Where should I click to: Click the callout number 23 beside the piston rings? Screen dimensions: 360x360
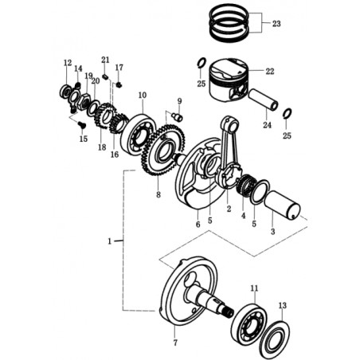pos(276,24)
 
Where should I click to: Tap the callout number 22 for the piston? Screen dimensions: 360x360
pos(270,71)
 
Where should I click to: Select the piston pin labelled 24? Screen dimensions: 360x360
pos(263,100)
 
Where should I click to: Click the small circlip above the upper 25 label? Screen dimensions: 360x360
pos(201,63)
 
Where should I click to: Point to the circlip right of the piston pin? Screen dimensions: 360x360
pos(288,113)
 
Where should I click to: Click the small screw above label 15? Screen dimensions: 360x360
pos(81,124)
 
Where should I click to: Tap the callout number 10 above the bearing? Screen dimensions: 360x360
pos(143,95)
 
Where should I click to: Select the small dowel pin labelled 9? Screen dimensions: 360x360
pos(177,116)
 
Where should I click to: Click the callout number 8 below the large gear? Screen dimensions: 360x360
pos(158,194)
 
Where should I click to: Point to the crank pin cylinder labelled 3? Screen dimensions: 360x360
pos(282,206)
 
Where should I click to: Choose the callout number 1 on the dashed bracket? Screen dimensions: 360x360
pos(109,241)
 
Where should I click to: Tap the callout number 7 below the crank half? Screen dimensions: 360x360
pos(175,342)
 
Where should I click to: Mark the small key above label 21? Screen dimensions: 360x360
pos(105,77)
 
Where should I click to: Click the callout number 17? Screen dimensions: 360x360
pos(119,68)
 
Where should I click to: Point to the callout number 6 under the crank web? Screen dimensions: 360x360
pos(198,224)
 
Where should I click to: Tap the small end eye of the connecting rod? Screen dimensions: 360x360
pos(231,123)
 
